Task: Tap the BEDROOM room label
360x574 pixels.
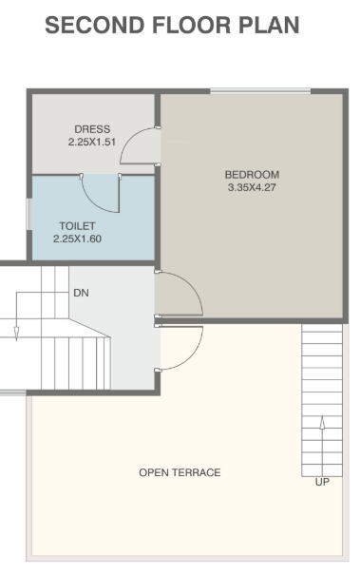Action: (252, 174)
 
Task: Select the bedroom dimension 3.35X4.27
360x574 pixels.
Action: (252, 187)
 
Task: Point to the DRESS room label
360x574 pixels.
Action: (92, 129)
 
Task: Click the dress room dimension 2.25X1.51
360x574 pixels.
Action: (92, 143)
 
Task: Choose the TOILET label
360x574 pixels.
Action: (78, 226)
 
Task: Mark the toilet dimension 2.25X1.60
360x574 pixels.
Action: (78, 239)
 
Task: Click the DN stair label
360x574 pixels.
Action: (81, 293)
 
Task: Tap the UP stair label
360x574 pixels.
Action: (322, 483)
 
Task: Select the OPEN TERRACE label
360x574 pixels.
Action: (180, 472)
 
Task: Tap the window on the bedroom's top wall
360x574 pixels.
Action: (259, 91)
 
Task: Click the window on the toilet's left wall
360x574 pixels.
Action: (28, 217)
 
